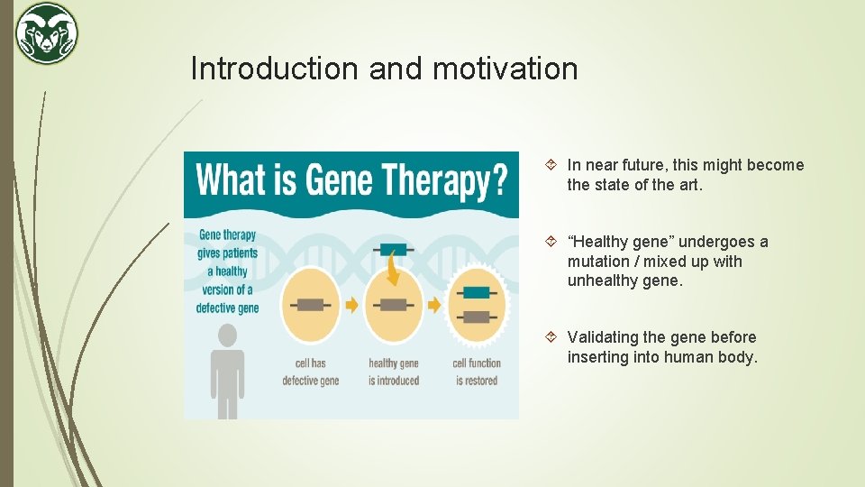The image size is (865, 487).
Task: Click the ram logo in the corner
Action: tap(47, 33)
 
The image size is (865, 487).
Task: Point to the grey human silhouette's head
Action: tap(228, 335)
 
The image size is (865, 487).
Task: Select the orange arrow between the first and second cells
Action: tap(351, 305)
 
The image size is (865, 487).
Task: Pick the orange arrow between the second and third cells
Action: tap(434, 305)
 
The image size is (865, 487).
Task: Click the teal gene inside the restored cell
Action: tap(476, 292)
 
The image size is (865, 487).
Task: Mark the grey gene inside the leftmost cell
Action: tap(311, 305)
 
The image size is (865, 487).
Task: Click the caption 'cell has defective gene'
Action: tap(311, 372)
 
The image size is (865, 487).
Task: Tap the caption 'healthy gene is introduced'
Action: tap(394, 372)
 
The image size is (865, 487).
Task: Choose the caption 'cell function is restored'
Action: tap(476, 372)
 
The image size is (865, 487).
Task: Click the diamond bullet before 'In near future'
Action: tap(552, 165)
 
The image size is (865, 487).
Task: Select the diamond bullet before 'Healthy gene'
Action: tap(552, 242)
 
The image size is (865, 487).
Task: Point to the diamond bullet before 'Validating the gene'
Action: tap(552, 337)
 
